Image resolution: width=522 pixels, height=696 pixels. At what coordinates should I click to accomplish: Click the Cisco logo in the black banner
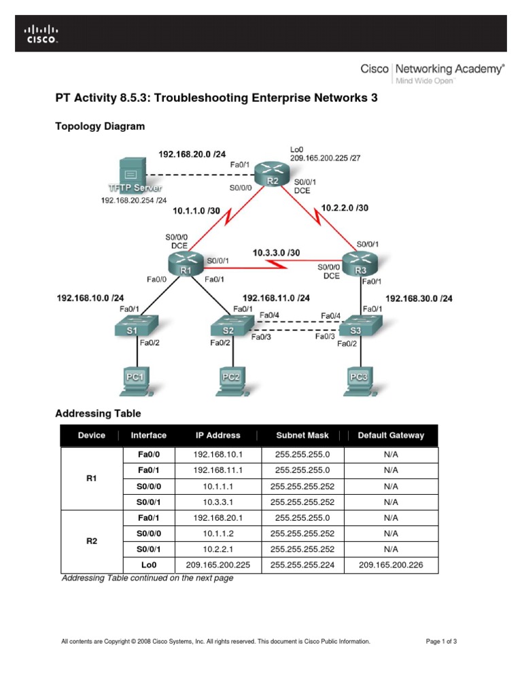42,34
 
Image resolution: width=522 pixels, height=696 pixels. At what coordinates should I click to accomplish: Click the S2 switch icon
228,326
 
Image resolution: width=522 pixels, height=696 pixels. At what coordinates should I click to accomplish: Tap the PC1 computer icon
135,381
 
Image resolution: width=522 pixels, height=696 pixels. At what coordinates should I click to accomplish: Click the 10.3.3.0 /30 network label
276,253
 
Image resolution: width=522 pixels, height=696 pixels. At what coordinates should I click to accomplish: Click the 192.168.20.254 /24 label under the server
134,201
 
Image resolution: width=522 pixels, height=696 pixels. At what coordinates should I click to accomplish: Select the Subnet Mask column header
302,435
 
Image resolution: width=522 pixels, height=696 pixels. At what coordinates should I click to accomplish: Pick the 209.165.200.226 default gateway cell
390,564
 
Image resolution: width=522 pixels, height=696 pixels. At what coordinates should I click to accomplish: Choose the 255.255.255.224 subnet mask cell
302,564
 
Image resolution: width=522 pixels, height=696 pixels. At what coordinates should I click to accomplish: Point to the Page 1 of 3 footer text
441,641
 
